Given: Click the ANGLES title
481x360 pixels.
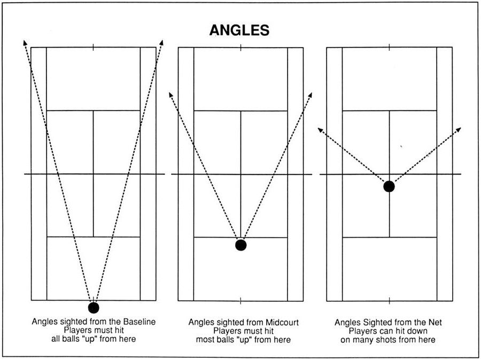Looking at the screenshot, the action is (x=239, y=30).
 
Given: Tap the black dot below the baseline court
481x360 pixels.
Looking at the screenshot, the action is (x=94, y=308).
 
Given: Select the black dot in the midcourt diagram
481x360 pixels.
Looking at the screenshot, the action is (x=241, y=245).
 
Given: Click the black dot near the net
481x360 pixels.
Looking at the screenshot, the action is (x=389, y=186).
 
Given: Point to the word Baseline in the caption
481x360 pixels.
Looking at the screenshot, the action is (x=139, y=322).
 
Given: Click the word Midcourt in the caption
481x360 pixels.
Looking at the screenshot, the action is (x=282, y=322).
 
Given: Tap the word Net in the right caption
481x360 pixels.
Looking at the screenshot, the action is (x=436, y=322).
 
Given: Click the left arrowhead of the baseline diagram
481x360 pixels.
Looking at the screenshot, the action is (x=25, y=42).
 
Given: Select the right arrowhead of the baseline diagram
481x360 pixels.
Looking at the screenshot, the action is (x=161, y=42).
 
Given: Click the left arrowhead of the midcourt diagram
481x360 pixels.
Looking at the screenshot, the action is (x=171, y=95).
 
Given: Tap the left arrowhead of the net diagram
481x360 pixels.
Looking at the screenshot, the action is (x=320, y=130).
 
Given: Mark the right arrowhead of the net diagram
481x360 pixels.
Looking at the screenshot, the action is (x=458, y=130).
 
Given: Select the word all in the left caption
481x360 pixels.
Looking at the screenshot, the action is (x=56, y=339).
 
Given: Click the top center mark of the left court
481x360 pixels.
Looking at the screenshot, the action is (x=93, y=47).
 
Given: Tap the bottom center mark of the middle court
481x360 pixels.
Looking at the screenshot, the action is (x=241, y=301).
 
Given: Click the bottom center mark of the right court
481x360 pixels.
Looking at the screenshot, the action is (x=389, y=301).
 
